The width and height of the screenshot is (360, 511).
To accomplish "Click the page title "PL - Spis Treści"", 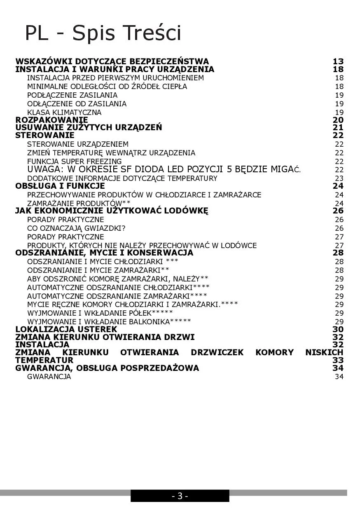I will click(103, 33).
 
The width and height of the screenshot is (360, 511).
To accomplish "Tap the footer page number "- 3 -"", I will click(180, 496).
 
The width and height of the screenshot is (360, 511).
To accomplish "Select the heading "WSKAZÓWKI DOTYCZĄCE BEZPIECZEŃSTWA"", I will click(112, 61).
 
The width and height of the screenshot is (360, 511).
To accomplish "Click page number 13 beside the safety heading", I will click(338, 61).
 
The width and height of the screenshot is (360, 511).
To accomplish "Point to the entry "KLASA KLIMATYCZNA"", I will click(64, 113).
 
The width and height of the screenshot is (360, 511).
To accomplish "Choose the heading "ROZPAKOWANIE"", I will click(51, 120).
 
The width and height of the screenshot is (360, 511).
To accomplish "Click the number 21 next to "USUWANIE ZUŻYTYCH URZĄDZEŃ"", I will click(338, 128).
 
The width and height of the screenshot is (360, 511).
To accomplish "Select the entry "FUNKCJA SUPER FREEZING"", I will click(75, 162).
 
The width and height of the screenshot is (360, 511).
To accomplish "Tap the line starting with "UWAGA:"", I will click(164, 169).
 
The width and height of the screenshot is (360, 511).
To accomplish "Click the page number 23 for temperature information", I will click(339, 178).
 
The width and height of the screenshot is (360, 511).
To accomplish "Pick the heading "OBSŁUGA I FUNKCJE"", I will click(60, 186).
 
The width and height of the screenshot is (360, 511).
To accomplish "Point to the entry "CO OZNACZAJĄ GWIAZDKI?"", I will click(76, 228).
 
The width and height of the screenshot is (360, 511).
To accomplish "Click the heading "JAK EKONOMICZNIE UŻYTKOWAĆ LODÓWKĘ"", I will click(112, 211).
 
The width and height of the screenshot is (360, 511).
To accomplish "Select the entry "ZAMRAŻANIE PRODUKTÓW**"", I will click(79, 204).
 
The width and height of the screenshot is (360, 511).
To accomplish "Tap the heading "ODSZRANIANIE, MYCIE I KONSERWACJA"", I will click(104, 253).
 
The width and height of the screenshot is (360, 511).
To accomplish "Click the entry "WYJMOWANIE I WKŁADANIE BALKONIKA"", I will click(109, 321).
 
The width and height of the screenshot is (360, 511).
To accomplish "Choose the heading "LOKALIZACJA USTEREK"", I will click(66, 329).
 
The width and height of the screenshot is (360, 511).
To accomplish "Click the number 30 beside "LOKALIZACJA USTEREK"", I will click(338, 329).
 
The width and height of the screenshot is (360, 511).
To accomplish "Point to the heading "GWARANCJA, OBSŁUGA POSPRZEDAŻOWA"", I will click(107, 368).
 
